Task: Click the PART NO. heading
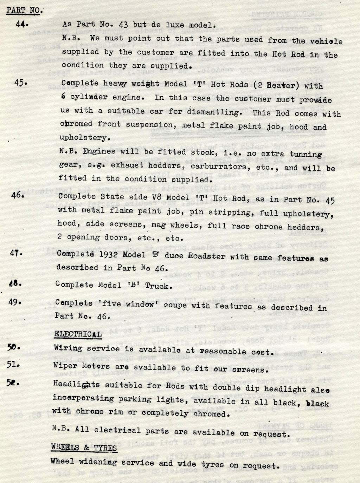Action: point(24,10)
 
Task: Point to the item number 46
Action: point(18,195)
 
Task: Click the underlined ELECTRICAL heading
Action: point(78,334)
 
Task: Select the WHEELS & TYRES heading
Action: point(84,447)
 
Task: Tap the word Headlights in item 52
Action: point(76,384)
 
